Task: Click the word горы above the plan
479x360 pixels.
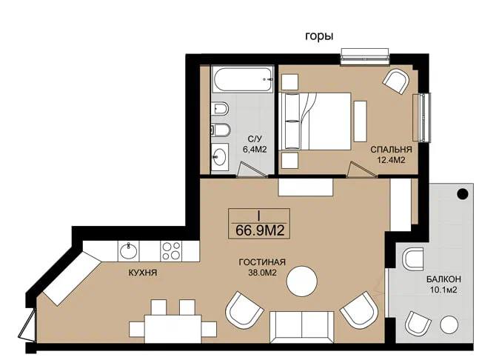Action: point(319,37)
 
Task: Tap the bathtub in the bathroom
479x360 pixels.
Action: point(243,79)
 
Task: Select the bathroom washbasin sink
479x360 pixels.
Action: point(220,157)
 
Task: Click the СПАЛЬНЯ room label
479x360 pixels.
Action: point(391,150)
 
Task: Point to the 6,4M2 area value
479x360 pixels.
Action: point(255,150)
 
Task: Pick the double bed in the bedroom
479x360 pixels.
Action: point(315,121)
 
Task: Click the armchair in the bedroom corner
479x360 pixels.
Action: point(396,81)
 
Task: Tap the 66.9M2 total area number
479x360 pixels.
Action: point(260,230)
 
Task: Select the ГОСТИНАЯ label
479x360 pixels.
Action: point(262,262)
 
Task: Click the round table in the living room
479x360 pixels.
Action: point(302,281)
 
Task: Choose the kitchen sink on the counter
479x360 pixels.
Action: point(129,251)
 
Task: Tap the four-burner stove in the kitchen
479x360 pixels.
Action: point(171,251)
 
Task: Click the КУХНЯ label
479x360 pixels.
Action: point(143,273)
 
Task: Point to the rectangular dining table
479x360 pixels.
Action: point(173,329)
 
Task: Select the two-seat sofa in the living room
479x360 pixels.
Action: point(302,327)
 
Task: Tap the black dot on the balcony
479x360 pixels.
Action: point(463,194)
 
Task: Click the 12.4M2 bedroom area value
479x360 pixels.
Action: point(391,159)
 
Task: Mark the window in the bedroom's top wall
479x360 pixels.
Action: point(365,56)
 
